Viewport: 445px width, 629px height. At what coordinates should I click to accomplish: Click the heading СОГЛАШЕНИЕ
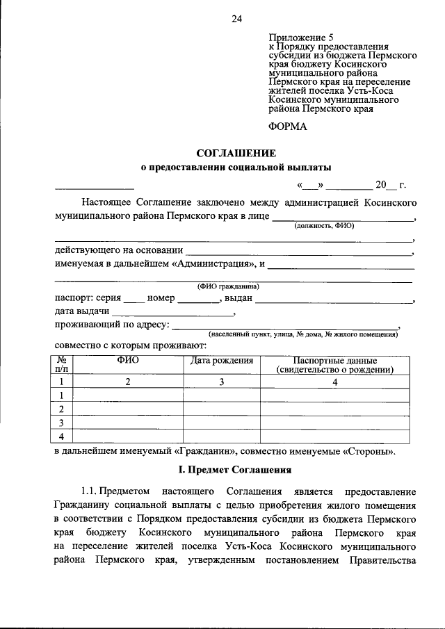pos(236,152)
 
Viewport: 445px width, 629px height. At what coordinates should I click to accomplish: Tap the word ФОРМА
pos(286,126)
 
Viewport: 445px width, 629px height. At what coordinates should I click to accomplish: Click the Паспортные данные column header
pos(335,366)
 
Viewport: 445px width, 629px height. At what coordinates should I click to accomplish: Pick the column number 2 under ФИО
pos(127,382)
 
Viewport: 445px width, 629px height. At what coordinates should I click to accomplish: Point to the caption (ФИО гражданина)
pos(228,286)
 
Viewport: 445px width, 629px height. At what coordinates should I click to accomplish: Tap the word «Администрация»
pos(214,265)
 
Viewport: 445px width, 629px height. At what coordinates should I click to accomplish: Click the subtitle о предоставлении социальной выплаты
pos(236,168)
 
